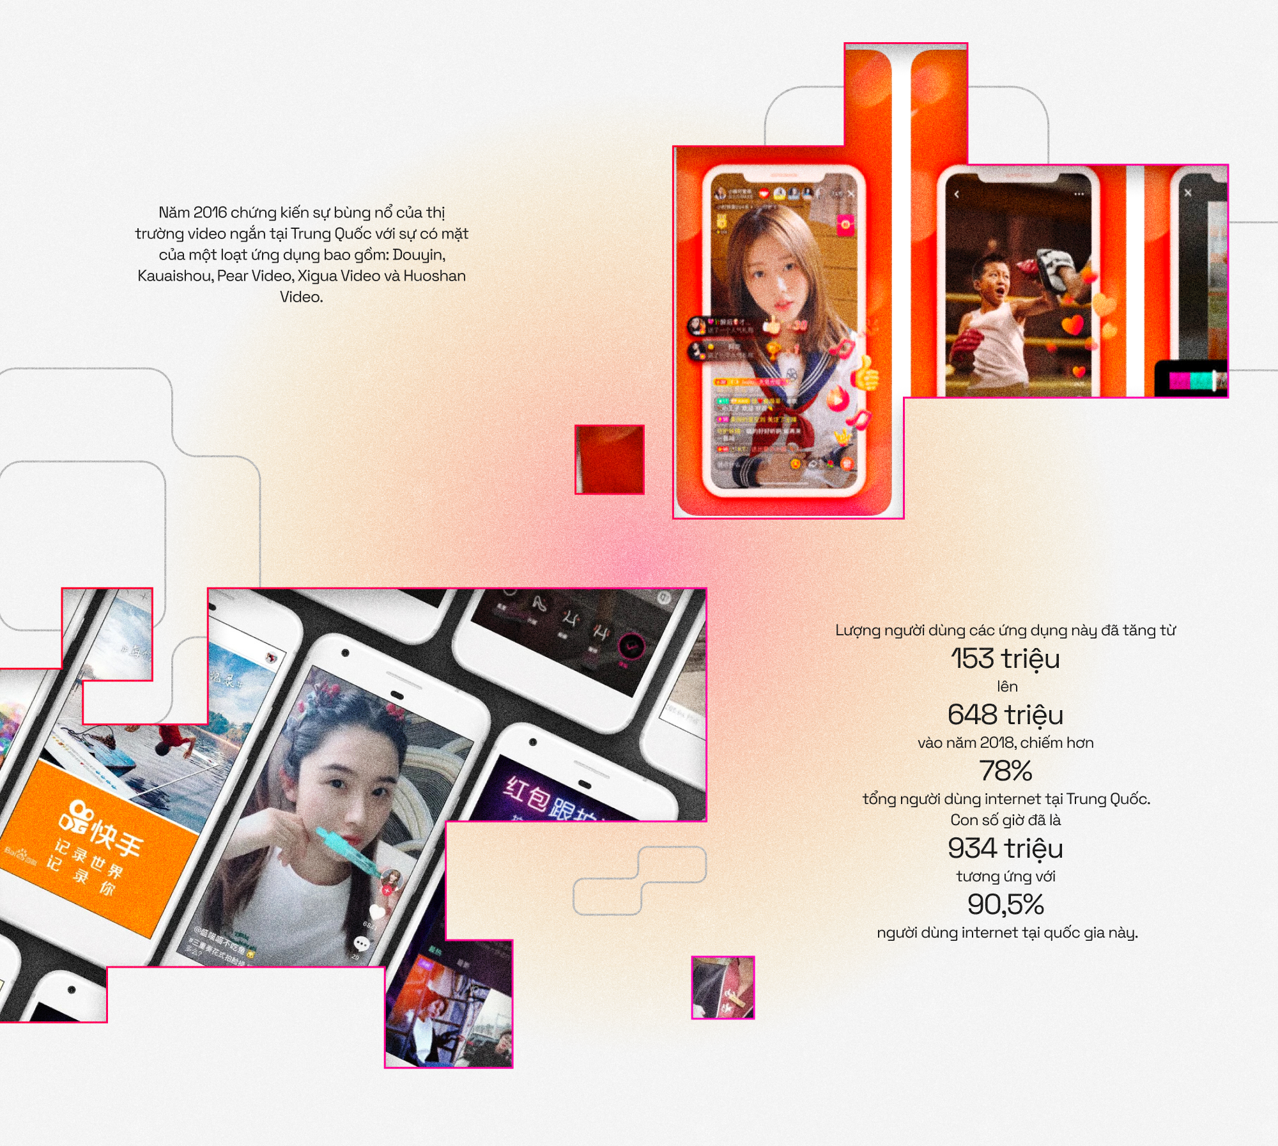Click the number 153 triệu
pyautogui.click(x=1005, y=658)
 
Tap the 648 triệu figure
pyautogui.click(x=1005, y=715)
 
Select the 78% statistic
pyautogui.click(x=1005, y=771)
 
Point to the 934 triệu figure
pyautogui.click(x=1005, y=848)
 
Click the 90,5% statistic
pyautogui.click(x=1005, y=904)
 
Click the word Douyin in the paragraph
pyautogui.click(x=418, y=254)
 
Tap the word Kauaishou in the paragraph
pyautogui.click(x=174, y=275)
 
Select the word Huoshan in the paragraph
pyautogui.click(x=434, y=275)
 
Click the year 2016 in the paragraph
pyautogui.click(x=210, y=212)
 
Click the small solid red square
pyautogui.click(x=610, y=459)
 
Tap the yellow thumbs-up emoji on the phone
pyautogui.click(x=866, y=375)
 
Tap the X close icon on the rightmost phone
pyautogui.click(x=1188, y=193)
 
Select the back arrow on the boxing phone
pyautogui.click(x=957, y=194)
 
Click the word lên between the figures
pyautogui.click(x=1007, y=686)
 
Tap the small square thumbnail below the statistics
pyautogui.click(x=723, y=987)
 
